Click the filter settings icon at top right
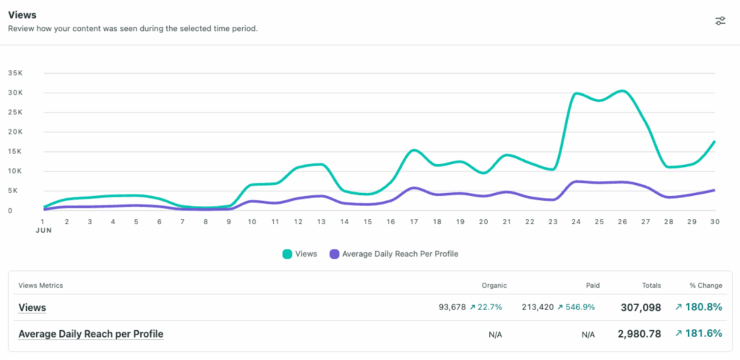coord(720,20)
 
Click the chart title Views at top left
coord(22,14)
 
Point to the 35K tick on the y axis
coord(15,73)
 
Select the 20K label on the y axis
coord(15,132)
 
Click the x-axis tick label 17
coord(413,221)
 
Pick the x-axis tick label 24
coord(577,221)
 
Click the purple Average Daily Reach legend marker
coord(334,254)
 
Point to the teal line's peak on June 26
coord(622,91)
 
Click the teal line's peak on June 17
coord(413,150)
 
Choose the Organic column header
coord(494,286)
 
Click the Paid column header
coord(592,286)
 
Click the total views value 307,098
coord(640,307)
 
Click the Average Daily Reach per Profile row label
coord(90,334)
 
